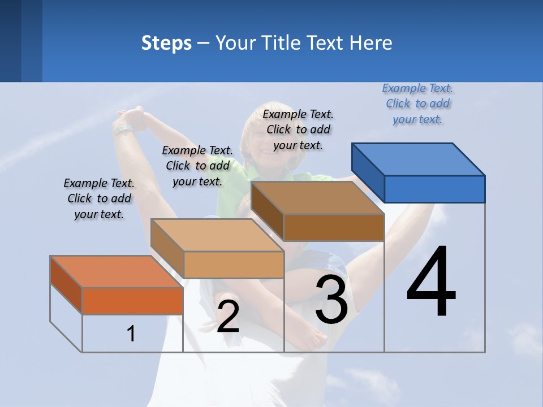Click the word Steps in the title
166,43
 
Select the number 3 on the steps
331,300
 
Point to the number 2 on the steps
228,317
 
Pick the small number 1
131,334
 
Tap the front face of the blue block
434,189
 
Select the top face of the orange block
117,271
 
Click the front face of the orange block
132,301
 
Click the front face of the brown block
334,227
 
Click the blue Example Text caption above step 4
417,104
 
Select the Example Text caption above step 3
298,129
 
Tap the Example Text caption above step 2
197,166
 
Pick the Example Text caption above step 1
99,198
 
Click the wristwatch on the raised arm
123,129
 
